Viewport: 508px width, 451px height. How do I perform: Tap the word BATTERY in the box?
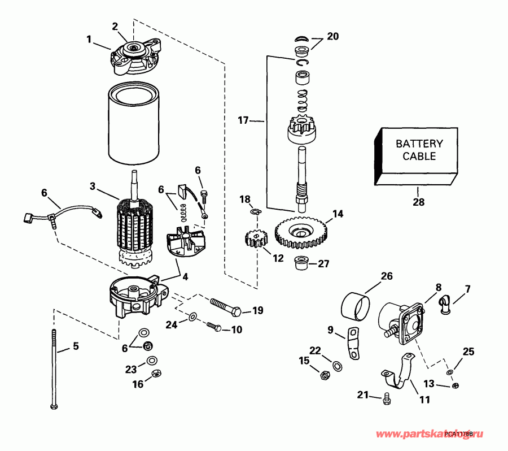coord(419,144)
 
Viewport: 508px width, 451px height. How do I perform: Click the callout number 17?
coord(243,120)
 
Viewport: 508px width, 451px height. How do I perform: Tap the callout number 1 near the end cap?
coord(89,40)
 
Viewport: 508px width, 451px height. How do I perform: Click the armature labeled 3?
coord(134,226)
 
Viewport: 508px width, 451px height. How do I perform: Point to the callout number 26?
coord(386,276)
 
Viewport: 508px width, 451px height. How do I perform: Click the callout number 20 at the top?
coord(333,36)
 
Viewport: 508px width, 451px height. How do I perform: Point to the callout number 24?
coord(172,324)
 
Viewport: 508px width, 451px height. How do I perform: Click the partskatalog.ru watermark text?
coord(429,434)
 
